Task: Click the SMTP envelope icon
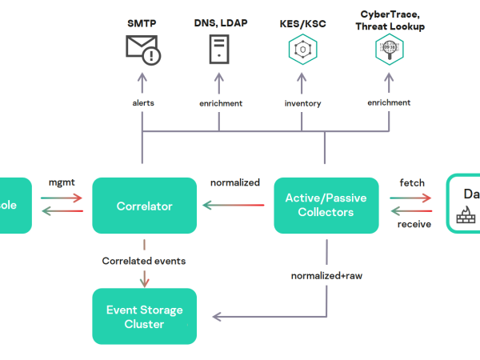coord(143,49)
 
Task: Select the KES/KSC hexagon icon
coord(302,49)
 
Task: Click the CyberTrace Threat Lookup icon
coord(389,49)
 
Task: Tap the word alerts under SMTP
coord(142,103)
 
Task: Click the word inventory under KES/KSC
coord(302,103)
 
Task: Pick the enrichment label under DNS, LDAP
coord(220,103)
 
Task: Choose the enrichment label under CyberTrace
coord(389,103)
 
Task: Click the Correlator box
coord(144,206)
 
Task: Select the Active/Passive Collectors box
coord(326,206)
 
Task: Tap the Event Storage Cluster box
coord(144,317)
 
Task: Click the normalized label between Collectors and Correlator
coord(234,182)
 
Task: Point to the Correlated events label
coord(144,261)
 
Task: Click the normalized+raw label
coord(326,276)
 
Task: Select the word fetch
coord(412,183)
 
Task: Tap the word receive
coord(414,225)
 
